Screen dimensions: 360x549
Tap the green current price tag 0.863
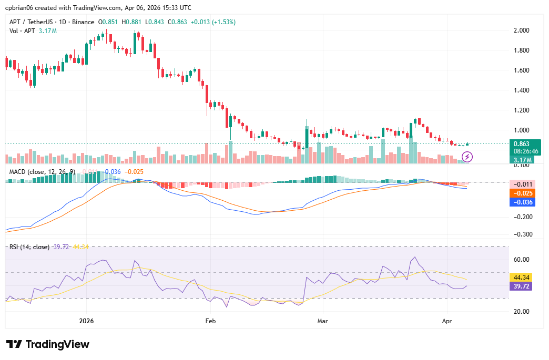(x=521, y=143)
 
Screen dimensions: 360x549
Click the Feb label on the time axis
(x=210, y=320)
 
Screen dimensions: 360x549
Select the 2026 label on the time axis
(x=86, y=320)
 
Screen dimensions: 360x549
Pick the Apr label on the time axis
(x=447, y=320)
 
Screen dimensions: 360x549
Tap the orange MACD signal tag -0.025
(x=523, y=193)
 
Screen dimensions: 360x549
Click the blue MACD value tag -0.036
(x=523, y=202)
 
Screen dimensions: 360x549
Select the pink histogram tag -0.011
(x=523, y=184)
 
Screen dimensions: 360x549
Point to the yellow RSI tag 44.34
(x=522, y=277)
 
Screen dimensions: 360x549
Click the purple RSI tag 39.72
(x=522, y=286)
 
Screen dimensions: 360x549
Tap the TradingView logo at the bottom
(x=48, y=344)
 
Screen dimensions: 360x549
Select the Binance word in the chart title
(x=83, y=22)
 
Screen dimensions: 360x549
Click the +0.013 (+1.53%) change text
(x=213, y=22)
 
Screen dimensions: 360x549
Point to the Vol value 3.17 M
(x=48, y=31)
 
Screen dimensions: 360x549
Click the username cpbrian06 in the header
(x=19, y=8)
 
